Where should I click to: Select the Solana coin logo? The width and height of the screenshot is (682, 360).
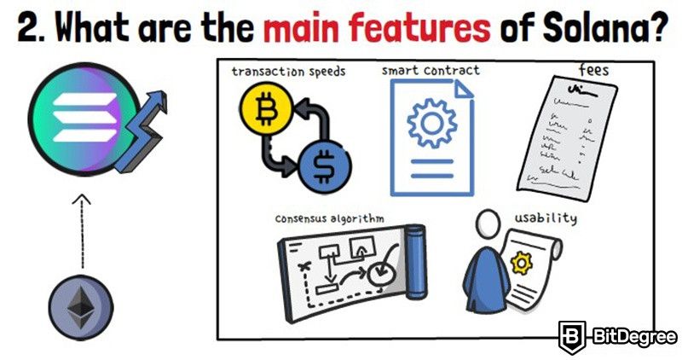click(84, 119)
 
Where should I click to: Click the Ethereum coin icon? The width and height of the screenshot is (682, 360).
click(81, 308)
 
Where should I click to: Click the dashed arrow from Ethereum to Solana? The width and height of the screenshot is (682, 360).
click(82, 231)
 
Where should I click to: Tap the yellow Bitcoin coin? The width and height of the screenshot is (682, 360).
click(266, 108)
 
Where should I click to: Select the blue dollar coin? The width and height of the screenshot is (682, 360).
click(324, 166)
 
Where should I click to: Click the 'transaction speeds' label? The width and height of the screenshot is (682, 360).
click(288, 72)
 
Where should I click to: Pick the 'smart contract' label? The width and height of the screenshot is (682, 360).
click(431, 71)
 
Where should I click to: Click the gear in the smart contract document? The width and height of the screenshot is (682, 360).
click(432, 123)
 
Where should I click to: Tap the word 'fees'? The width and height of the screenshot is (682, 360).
click(593, 70)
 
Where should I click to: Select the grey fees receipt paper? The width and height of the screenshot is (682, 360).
click(567, 138)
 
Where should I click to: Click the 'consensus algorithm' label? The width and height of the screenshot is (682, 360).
click(329, 218)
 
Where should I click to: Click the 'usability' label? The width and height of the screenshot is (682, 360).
click(546, 218)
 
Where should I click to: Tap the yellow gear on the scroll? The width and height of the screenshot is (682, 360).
click(522, 263)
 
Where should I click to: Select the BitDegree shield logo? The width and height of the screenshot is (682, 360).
click(572, 337)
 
